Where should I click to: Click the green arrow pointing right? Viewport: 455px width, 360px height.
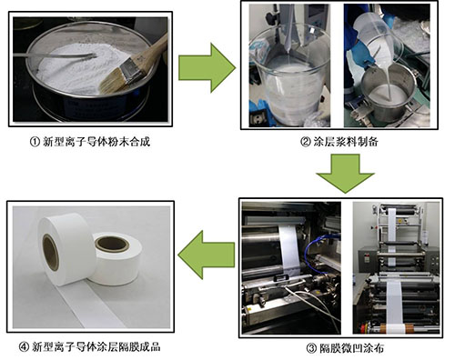(207, 68)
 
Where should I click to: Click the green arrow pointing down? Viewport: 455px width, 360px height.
(345, 173)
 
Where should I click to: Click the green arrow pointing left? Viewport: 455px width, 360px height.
(207, 255)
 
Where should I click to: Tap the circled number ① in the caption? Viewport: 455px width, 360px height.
(35, 142)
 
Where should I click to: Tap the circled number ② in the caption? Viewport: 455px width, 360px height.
(306, 142)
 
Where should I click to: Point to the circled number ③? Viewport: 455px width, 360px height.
(311, 348)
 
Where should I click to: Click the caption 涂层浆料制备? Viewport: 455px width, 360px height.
(346, 142)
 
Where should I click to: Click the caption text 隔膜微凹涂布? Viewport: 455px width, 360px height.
(351, 348)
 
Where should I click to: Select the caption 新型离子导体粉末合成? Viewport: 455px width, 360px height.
(96, 142)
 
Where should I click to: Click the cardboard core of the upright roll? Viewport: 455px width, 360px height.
(50, 253)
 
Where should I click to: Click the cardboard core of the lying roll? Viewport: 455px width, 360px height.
(112, 245)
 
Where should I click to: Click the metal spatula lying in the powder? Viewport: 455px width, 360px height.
(55, 55)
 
